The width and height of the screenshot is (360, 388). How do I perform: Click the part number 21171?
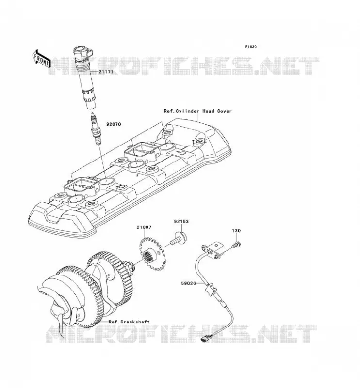pyautogui.click(x=106, y=72)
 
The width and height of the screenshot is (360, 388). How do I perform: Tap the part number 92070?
pyautogui.click(x=114, y=124)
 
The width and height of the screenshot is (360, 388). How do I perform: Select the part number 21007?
pyautogui.click(x=144, y=227)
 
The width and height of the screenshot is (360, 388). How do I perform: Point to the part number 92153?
pyautogui.click(x=181, y=222)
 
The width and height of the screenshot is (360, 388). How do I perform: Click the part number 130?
pyautogui.click(x=236, y=231)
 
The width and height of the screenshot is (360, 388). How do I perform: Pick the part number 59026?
pyautogui.click(x=188, y=283)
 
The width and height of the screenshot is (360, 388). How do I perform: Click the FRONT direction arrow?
pyautogui.click(x=41, y=59)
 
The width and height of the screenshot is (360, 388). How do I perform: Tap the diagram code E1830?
pyautogui.click(x=251, y=47)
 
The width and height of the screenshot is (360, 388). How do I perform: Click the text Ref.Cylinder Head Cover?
pyautogui.click(x=198, y=111)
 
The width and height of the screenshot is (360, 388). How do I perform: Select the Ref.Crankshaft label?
pyautogui.click(x=129, y=322)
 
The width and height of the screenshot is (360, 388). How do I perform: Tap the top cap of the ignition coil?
pyautogui.click(x=82, y=53)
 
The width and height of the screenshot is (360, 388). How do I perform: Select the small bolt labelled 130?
pyautogui.click(x=236, y=245)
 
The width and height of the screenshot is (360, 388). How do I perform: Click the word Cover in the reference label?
pyautogui.click(x=225, y=111)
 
